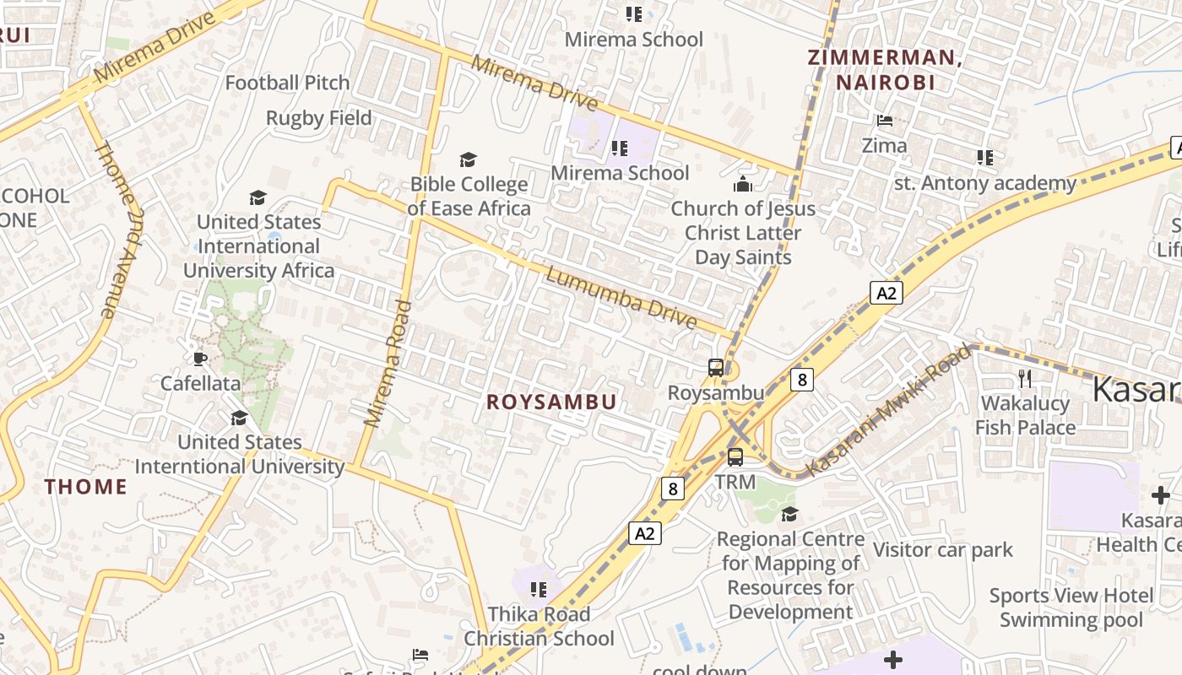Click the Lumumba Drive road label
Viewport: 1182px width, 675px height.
click(x=621, y=299)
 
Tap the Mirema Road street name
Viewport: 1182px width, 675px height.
click(x=388, y=363)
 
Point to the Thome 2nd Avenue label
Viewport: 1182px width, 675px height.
click(x=117, y=229)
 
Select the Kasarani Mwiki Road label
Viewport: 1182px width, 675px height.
click(x=888, y=409)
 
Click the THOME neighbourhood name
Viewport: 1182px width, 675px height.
click(x=86, y=487)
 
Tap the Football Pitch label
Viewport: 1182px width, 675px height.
click(x=287, y=83)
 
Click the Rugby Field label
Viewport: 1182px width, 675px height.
click(x=319, y=118)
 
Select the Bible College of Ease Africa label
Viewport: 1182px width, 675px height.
click(x=469, y=196)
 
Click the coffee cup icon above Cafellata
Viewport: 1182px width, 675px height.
click(x=199, y=359)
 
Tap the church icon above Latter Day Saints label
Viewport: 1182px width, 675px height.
click(x=743, y=183)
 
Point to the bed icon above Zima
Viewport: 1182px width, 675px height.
click(x=885, y=121)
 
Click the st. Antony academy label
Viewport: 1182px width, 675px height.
click(x=985, y=182)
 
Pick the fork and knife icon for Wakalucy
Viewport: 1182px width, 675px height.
click(x=1025, y=377)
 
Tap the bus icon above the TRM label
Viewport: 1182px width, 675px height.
click(x=735, y=457)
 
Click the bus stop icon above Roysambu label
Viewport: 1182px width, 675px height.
click(x=716, y=367)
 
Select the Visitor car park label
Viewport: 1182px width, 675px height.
click(x=943, y=550)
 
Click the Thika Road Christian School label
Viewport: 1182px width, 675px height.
click(x=539, y=626)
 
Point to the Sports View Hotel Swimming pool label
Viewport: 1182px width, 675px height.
click(x=1071, y=607)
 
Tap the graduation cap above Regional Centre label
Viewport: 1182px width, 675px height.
click(x=789, y=514)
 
